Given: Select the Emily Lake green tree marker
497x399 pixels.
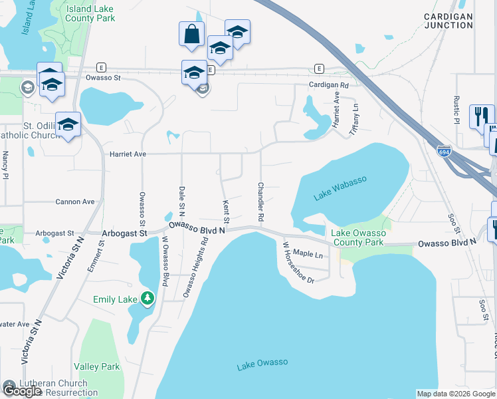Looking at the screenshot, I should coord(148,299).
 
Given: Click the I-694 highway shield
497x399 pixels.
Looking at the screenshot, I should coord(444,151).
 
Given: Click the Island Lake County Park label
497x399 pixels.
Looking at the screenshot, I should coord(90,13).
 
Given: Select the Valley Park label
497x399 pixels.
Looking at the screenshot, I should coord(96,366).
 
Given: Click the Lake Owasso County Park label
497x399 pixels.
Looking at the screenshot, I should coord(357,237).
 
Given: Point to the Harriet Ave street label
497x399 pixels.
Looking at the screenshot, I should coord(128,154).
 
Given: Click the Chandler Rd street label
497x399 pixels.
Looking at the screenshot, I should coord(260,202).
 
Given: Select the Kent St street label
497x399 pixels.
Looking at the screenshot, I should coord(227,211).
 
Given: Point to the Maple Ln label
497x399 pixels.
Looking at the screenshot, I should coord(308,253).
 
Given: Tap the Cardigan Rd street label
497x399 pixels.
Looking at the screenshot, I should coord(328,86).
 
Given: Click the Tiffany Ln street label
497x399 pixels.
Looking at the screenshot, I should coord(355,116).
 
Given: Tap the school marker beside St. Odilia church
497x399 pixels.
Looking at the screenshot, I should coord(68,124).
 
